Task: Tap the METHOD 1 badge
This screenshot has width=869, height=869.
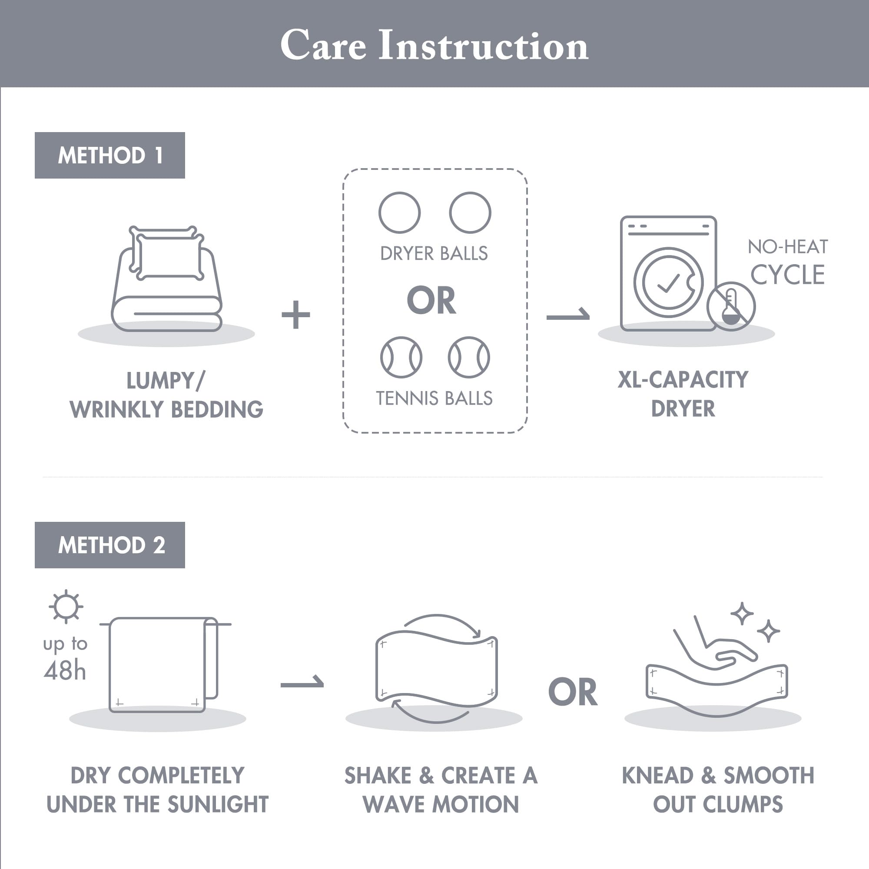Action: [110, 155]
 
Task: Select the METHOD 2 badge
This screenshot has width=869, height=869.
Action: [110, 545]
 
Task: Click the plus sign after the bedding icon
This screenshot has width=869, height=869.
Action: [295, 315]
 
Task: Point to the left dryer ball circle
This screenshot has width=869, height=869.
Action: [399, 213]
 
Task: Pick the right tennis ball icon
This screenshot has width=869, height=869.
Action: [469, 357]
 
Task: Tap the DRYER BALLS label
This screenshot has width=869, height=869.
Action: [434, 254]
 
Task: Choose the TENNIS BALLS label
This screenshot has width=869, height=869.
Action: [434, 398]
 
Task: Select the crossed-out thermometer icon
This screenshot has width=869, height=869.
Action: [731, 307]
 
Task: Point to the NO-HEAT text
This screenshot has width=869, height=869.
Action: [788, 247]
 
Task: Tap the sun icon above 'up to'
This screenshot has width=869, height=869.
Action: [66, 606]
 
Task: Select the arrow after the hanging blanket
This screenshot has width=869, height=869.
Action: [302, 682]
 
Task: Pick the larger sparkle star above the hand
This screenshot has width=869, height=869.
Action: [742, 614]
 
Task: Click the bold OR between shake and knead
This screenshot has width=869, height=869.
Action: [573, 692]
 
